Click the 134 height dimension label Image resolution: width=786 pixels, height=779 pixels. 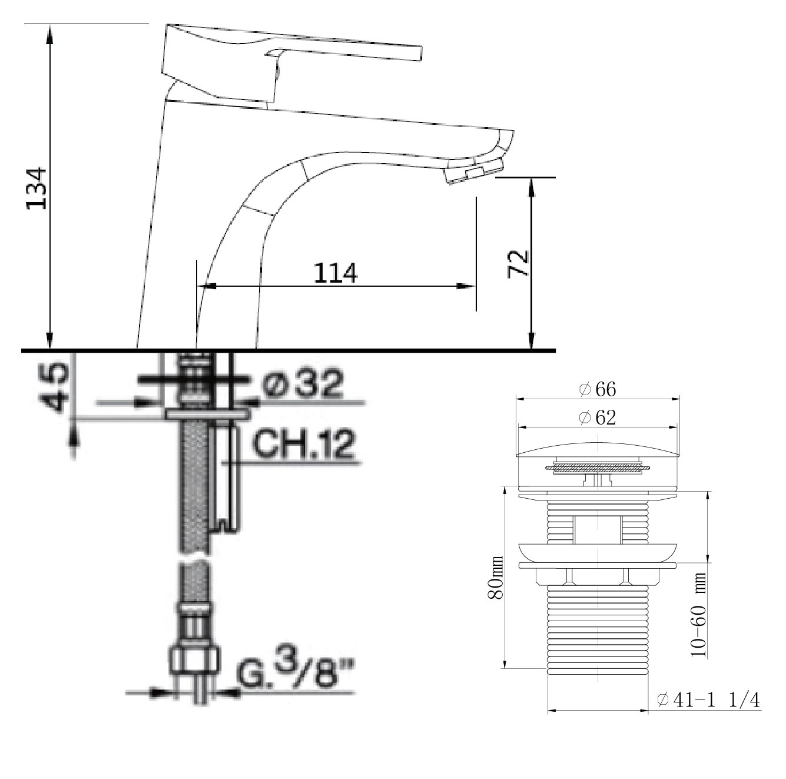[37, 188]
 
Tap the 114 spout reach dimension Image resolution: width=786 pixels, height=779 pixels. [335, 273]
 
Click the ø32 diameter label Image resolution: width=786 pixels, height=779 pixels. [303, 384]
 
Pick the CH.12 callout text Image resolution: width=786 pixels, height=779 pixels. [303, 445]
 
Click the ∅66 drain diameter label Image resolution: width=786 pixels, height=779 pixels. [598, 389]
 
